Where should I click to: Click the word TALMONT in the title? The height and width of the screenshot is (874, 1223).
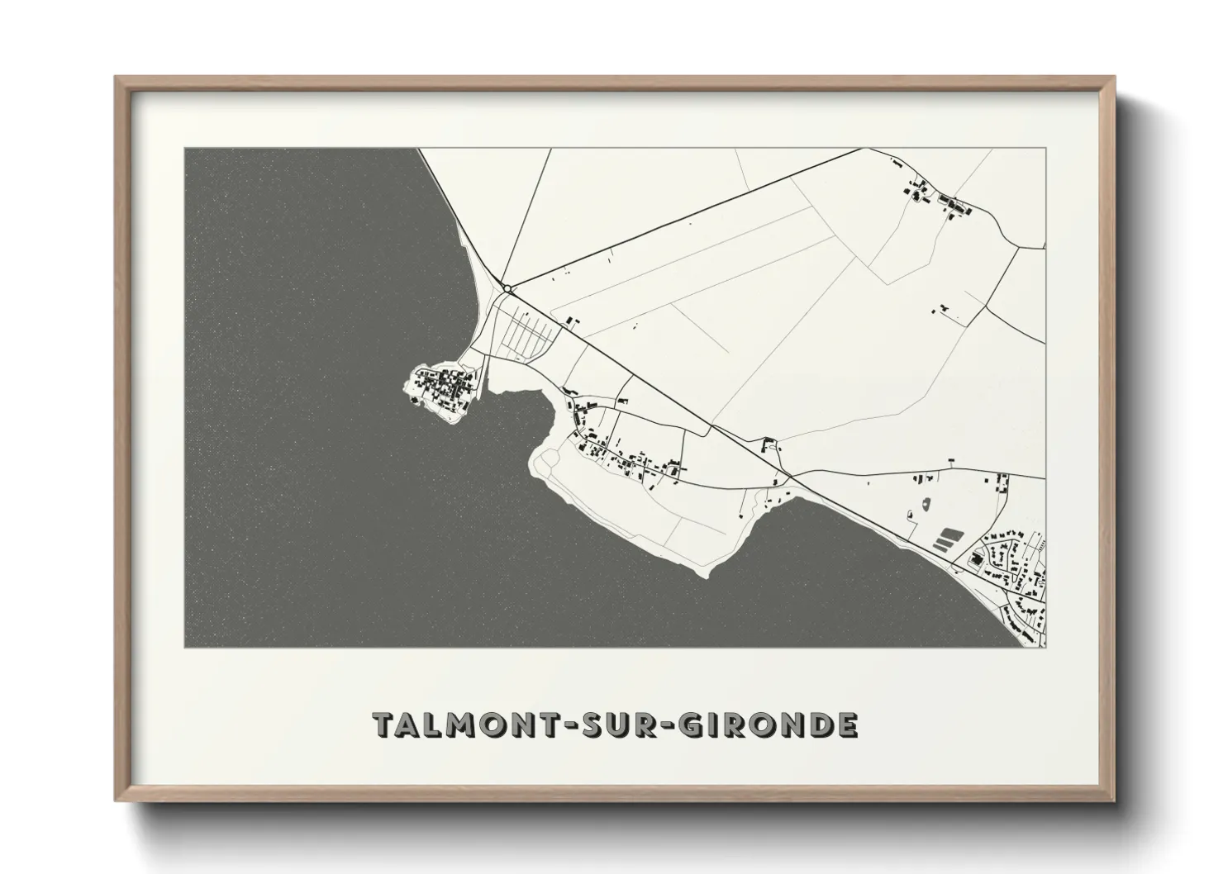pyautogui.click(x=445, y=724)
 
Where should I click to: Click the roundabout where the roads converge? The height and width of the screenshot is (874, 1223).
pyautogui.click(x=510, y=288)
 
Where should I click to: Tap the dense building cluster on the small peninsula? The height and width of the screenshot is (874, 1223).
pyautogui.click(x=445, y=386)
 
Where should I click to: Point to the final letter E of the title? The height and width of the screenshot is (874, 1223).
pyautogui.click(x=847, y=724)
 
